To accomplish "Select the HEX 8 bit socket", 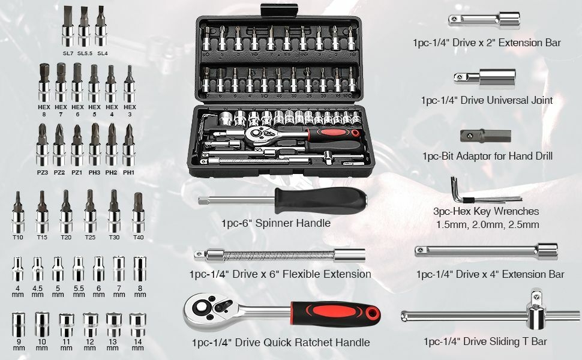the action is pos(44,82).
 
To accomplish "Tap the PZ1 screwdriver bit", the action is pos(77,145).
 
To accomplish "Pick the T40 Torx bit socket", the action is pos(138,212).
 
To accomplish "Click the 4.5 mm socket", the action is pos(37,269).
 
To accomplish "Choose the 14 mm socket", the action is pos(137,325).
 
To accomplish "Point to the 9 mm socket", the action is pos(19,325).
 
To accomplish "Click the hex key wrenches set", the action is pos(479,193).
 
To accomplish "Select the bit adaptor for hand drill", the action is pos(485,136).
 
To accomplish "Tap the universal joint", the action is pos(485,78).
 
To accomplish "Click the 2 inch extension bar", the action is pos(484,20).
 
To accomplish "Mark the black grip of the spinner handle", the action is pos(320,200).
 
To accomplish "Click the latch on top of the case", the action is pos(279,10).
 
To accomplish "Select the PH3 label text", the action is pos(94,173).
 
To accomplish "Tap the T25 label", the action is pos(90,237).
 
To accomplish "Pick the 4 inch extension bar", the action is pos(486,251).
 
